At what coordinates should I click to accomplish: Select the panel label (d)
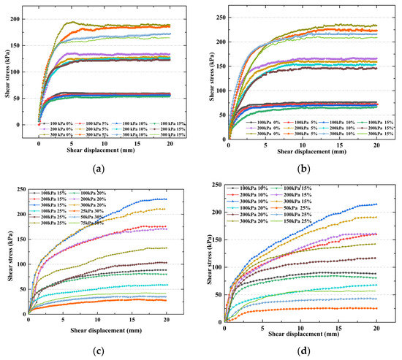(301, 352)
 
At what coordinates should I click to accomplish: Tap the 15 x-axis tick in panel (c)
(132, 320)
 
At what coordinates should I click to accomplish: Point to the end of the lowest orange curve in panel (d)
(376, 308)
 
